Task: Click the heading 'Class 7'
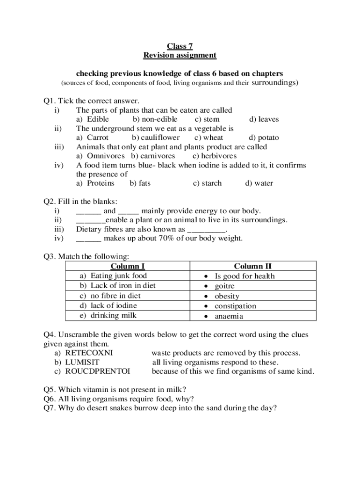[x=180, y=46]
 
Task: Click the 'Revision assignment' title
[x=180, y=55]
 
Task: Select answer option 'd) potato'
[x=264, y=138]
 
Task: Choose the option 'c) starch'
[x=207, y=183]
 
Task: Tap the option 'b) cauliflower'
[x=156, y=138]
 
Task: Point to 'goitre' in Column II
[x=224, y=286]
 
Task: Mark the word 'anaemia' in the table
[x=229, y=316]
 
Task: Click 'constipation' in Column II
[x=235, y=306]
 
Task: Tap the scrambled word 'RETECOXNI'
[x=89, y=353]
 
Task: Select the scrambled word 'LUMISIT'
[x=82, y=362]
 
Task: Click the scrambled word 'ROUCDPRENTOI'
[x=98, y=371]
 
